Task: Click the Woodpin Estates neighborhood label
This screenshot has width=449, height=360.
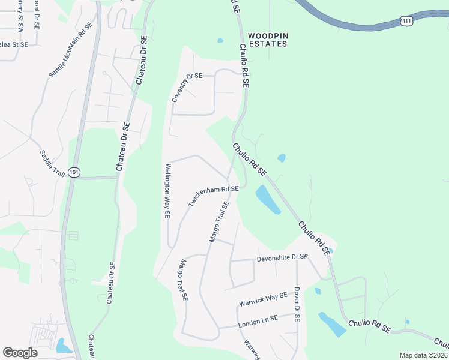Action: pos(268,40)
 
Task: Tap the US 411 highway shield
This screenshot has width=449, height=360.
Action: pos(407,21)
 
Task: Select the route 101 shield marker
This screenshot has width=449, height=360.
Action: pos(74,172)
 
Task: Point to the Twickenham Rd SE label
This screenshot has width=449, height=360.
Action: pos(214,196)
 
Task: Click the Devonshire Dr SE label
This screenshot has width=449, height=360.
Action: pos(282,258)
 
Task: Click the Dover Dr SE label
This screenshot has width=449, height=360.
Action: pos(297,304)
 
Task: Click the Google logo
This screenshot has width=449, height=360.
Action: pos(20,352)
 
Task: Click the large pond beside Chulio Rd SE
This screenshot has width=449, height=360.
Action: pos(268,200)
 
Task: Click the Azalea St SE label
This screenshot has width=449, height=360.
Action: pos(13,44)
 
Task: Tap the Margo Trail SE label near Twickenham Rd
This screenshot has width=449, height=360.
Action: pos(219,222)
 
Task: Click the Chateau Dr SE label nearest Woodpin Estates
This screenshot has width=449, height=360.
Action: pos(142,60)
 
